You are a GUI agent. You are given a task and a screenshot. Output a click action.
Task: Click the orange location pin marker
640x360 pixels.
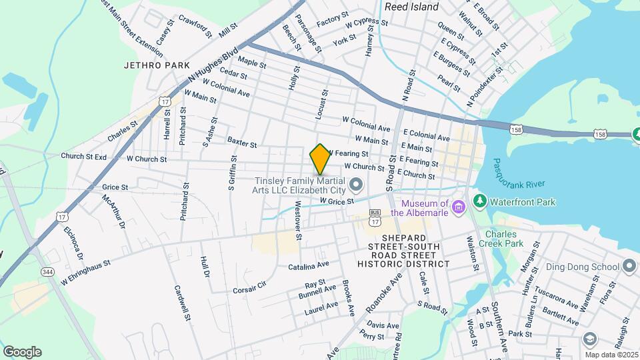320,159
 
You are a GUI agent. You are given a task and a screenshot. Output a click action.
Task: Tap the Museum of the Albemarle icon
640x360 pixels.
458,207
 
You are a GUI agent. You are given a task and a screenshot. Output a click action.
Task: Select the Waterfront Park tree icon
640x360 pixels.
478,201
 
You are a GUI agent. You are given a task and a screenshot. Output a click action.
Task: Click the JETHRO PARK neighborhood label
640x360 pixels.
152,66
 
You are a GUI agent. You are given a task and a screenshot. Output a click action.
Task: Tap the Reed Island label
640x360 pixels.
411,7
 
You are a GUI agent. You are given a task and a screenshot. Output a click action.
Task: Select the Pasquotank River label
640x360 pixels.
519,174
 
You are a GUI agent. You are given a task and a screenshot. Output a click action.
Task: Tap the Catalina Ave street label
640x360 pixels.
309,266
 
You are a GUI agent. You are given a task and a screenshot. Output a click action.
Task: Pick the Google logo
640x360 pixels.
22,352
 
